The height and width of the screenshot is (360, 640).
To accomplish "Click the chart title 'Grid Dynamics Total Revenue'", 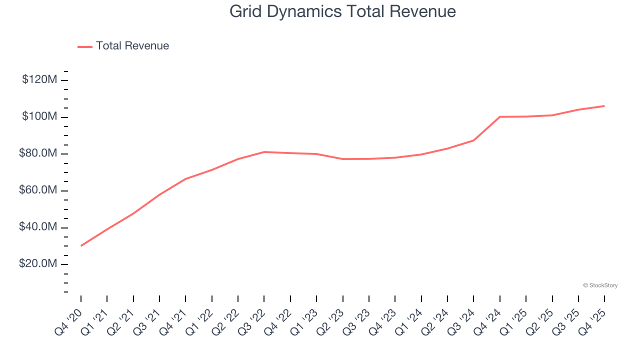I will (342, 11).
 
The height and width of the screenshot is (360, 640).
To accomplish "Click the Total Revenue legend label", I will (132, 46).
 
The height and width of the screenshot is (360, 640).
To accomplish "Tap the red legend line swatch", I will (85, 46).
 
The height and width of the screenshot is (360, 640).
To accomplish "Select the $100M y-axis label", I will (39, 116).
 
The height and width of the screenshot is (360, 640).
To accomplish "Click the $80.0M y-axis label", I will (38, 153).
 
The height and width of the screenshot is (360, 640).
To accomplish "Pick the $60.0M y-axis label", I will (38, 190).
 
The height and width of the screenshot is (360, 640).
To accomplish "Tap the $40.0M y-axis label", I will (38, 227).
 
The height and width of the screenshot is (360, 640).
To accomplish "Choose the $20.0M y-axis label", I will (38, 264).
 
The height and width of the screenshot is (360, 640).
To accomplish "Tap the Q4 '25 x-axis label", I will (592, 320).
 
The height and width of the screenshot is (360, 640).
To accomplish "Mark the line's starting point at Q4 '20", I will (81, 245).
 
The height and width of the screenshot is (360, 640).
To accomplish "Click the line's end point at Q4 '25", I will (604, 106).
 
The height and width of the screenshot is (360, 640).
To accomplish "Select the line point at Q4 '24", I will (499, 117).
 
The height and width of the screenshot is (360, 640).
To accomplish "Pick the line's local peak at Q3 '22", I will (264, 152).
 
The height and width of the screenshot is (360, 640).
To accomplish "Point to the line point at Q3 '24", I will (473, 140).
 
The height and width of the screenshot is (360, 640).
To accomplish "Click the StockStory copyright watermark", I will (600, 285).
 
